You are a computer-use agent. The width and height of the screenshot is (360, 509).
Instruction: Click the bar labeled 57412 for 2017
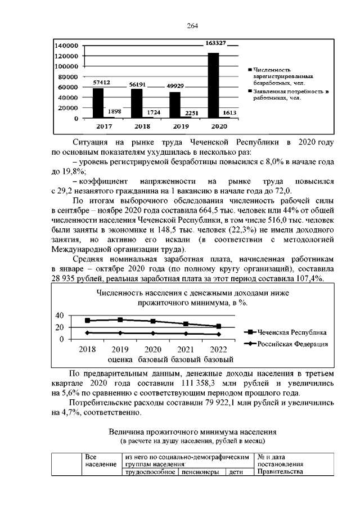(98, 103)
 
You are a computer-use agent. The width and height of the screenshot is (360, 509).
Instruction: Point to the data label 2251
(193, 112)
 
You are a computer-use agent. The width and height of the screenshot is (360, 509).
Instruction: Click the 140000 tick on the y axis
(66, 45)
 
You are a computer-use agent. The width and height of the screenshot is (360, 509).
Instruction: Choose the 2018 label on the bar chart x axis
(137, 127)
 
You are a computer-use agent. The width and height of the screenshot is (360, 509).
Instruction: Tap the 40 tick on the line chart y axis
(60, 315)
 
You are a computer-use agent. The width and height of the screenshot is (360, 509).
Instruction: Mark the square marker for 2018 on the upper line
(87, 321)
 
